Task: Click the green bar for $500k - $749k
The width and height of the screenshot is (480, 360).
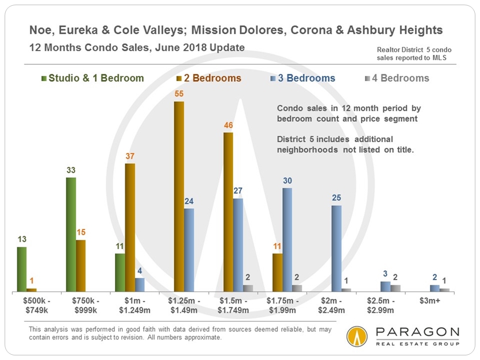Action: point(22,269)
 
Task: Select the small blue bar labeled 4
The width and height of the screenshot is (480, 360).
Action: point(140,285)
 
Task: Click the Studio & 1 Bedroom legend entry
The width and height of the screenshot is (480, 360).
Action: point(92,78)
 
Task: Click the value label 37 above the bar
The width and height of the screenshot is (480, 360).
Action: point(130,157)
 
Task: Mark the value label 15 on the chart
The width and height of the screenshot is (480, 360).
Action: point(82,232)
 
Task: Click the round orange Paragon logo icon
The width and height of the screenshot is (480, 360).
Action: point(357,336)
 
